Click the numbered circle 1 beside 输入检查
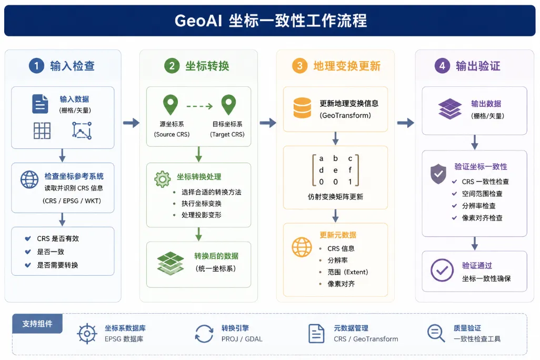tap(36, 65)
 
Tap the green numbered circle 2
tap(172, 65)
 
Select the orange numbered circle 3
tap(299, 65)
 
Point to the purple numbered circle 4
tap(442, 65)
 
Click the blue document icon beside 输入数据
tap(40, 104)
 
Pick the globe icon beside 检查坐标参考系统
tap(29, 179)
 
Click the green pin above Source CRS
tap(171, 105)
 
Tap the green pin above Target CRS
tap(228, 105)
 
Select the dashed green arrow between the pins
tap(199, 106)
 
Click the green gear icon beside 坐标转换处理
tap(163, 179)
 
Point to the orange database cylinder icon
tap(303, 108)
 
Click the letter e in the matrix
tap(335, 170)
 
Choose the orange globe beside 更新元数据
tap(302, 247)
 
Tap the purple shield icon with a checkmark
tap(438, 174)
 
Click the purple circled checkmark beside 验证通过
tap(442, 270)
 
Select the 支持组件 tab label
tap(37, 324)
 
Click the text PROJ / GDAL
tap(242, 339)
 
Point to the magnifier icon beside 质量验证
tap(436, 333)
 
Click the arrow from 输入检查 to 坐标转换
tap(131, 123)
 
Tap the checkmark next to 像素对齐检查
tap(454, 218)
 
